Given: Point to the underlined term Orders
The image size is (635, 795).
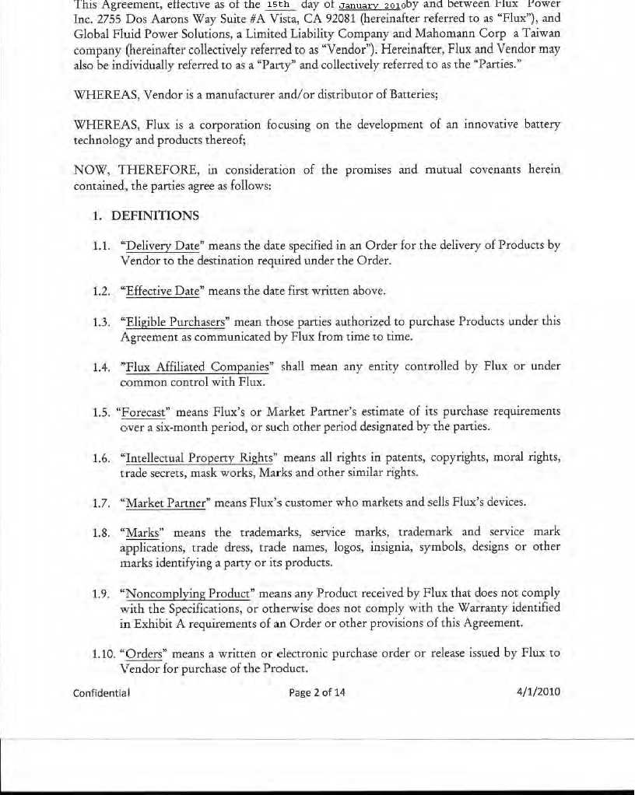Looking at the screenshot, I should pyautogui.click(x=142, y=653).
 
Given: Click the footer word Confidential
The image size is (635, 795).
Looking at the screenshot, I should pyautogui.click(x=101, y=692).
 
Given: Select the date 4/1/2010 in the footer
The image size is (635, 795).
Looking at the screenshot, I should pyautogui.click(x=539, y=692).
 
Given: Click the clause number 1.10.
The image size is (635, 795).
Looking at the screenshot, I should pyautogui.click(x=103, y=653).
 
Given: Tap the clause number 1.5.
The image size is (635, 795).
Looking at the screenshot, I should pyautogui.click(x=101, y=412).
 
